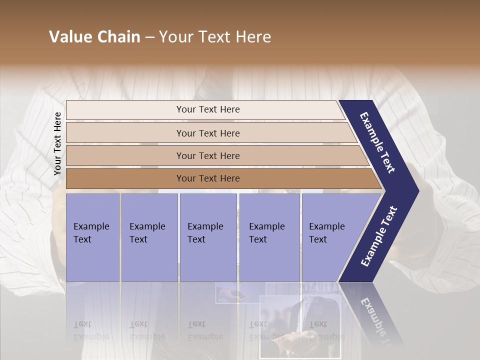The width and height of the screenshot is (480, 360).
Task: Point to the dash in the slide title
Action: pyautogui.click(x=149, y=37)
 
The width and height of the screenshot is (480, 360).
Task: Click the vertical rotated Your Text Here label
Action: pyautogui.click(x=57, y=143)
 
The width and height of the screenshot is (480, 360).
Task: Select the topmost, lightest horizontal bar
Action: pyautogui.click(x=205, y=109)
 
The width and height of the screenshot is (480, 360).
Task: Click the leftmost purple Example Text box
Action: pyautogui.click(x=92, y=237)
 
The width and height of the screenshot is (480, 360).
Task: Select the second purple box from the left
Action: pyautogui.click(x=149, y=237)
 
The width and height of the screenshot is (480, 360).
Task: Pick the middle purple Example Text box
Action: pyautogui.click(x=208, y=237)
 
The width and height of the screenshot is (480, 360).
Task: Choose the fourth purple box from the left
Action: pyautogui.click(x=269, y=237)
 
